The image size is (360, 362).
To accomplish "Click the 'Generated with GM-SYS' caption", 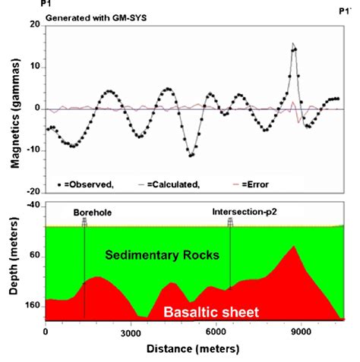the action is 96,18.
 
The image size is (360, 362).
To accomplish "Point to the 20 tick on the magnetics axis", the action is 45,26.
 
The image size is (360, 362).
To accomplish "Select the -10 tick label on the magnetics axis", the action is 34,150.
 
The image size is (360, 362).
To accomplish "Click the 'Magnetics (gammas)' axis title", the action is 15,113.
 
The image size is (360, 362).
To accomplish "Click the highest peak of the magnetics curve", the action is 293,43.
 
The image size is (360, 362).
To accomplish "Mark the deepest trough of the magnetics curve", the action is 191,156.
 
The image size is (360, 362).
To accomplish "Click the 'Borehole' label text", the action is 93,212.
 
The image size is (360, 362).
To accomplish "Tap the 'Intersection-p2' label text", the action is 245,212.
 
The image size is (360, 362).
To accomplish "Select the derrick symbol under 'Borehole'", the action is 84,222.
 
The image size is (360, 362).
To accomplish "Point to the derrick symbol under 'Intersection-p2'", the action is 230,222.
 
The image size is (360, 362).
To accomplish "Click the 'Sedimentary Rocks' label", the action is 163,255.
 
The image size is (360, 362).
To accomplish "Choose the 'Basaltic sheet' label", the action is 211,312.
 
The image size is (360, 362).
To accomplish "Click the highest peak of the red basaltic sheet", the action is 294,246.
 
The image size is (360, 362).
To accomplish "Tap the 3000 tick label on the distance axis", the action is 131,333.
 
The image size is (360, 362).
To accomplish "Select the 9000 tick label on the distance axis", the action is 301,332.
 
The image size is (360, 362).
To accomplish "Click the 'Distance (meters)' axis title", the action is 193,349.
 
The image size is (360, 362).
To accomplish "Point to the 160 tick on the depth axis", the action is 44,307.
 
